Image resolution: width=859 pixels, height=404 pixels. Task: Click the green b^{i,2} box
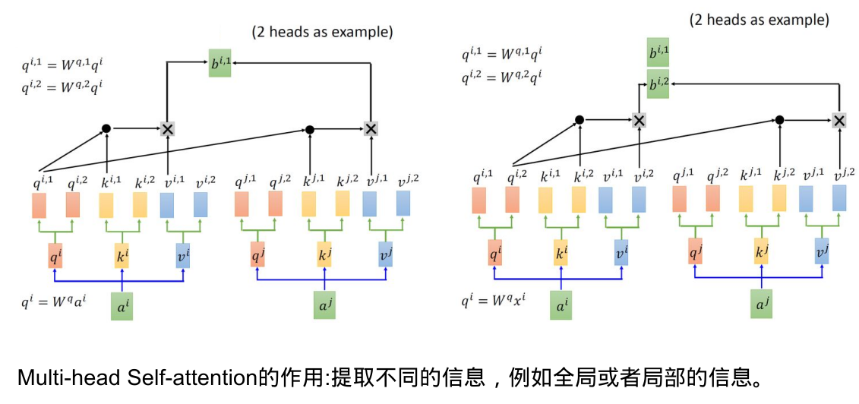[x=658, y=84]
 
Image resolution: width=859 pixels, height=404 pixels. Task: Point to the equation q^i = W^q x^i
[x=497, y=300]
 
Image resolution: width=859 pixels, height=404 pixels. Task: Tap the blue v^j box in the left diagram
[x=385, y=254]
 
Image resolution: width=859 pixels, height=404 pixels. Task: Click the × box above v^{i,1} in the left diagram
[x=167, y=128]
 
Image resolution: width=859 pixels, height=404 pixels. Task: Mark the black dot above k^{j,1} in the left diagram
[x=309, y=129]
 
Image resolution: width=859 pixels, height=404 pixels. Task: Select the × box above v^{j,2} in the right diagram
[x=838, y=120]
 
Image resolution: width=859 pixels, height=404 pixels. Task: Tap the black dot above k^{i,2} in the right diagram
[x=579, y=120]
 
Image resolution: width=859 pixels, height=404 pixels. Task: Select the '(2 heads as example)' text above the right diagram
[x=760, y=21]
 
